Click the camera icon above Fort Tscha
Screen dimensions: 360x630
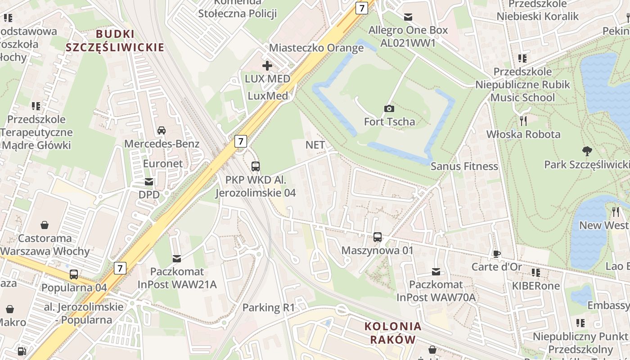pos(389,108)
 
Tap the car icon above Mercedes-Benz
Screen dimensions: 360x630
pos(161,130)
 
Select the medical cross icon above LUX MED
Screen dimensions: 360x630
pos(267,66)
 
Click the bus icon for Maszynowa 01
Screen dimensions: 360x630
pos(378,237)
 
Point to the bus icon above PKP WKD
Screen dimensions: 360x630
pos(255,166)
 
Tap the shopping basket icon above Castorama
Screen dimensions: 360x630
pos(45,225)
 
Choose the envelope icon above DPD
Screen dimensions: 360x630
pos(148,182)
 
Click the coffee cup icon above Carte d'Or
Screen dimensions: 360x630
pos(496,254)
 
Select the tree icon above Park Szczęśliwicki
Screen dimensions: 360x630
pos(587,151)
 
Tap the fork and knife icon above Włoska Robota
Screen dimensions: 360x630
pos(523,121)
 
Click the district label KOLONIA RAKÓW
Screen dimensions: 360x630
pos(393,333)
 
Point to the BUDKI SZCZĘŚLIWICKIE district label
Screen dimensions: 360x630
pos(115,40)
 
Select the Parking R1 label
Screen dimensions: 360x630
pos(268,308)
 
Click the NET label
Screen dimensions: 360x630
pos(315,145)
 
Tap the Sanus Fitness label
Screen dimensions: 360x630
pos(464,166)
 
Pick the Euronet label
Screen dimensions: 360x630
pos(163,163)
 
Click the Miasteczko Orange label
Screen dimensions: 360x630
pos(316,48)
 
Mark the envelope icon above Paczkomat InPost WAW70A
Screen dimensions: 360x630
pos(436,271)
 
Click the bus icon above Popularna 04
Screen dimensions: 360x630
pos(74,274)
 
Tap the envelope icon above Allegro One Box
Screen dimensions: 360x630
pos(408,17)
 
